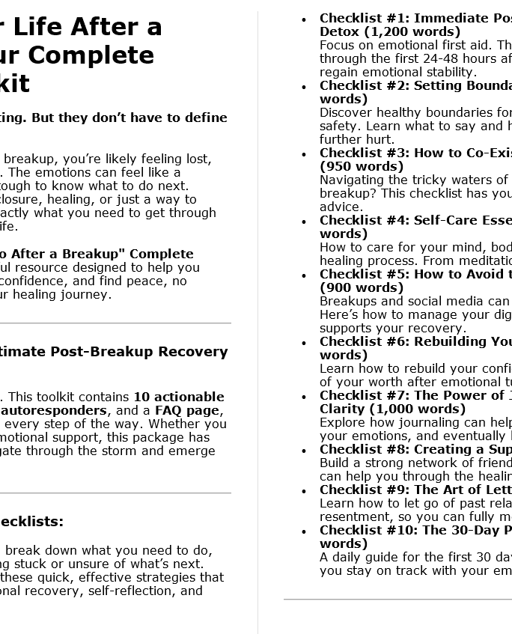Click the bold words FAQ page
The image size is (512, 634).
(x=187, y=410)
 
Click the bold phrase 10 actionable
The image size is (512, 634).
(x=179, y=397)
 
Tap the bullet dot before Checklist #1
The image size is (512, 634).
(x=303, y=19)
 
